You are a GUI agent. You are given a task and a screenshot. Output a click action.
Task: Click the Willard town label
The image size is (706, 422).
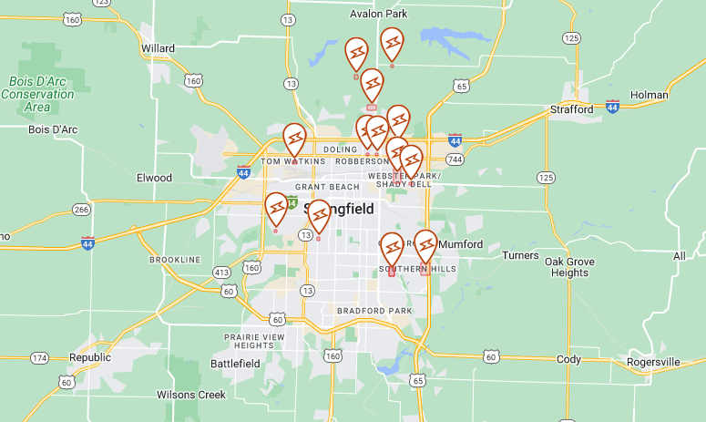tap(158, 47)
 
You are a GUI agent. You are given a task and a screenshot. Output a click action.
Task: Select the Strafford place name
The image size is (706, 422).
tap(571, 109)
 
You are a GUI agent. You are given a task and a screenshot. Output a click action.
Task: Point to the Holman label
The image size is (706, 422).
tap(649, 95)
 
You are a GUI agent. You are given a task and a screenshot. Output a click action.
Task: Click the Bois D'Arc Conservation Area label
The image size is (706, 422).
tap(37, 94)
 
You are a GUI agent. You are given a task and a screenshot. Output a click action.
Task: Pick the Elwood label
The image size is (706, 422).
tap(154, 178)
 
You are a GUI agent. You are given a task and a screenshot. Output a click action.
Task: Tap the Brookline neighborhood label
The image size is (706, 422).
tap(174, 260)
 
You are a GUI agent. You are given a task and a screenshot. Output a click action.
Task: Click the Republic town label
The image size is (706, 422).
tap(89, 358)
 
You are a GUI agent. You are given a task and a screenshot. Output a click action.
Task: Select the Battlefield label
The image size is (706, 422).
tap(235, 363)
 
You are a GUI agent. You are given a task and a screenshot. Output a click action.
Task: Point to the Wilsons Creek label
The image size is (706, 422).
tap(190, 395)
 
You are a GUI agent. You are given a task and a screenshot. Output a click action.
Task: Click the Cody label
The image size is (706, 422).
tap(568, 359)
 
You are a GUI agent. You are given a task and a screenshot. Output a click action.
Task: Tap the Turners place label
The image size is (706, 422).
tap(520, 255)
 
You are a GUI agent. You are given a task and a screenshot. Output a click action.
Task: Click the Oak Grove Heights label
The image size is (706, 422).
tap(569, 267)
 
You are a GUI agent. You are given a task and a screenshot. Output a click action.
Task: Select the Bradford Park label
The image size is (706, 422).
tap(374, 311)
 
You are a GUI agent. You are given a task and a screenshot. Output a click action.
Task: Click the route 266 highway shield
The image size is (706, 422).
tap(81, 210)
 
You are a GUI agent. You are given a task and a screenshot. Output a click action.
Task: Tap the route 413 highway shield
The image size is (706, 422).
tap(221, 273)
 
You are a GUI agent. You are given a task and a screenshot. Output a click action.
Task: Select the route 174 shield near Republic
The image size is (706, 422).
tap(39, 358)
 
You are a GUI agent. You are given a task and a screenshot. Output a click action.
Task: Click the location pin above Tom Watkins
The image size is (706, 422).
tap(294, 140)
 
